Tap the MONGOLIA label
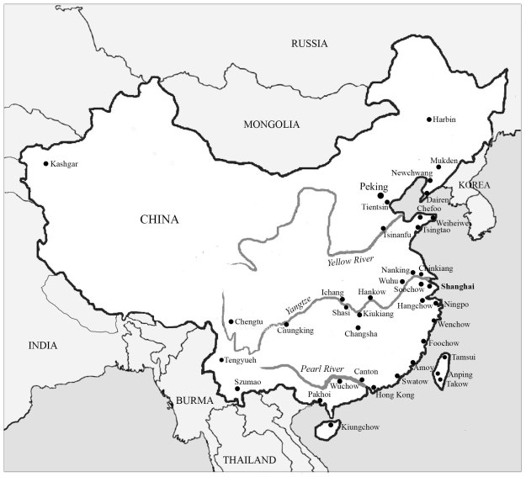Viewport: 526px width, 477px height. (271, 125)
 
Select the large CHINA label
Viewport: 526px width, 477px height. (159, 220)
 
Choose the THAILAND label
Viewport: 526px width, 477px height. (249, 461)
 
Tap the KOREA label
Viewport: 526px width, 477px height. (474, 185)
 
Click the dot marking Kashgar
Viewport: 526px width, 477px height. (45, 164)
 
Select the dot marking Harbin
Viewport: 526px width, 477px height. (429, 119)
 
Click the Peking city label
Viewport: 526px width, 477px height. (374, 186)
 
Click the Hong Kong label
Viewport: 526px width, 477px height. (395, 394)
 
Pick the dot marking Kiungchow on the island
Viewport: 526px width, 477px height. (329, 427)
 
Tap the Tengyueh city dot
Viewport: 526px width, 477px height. (221, 361)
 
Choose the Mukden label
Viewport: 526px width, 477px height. (443, 160)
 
